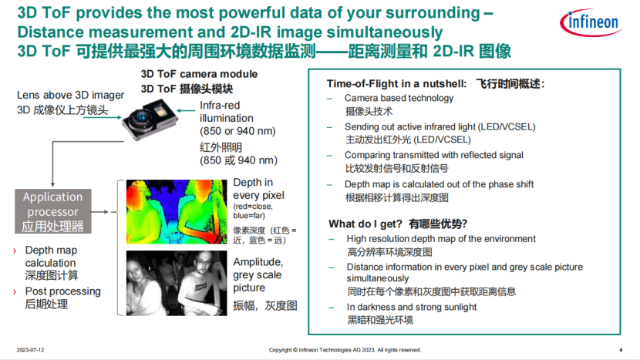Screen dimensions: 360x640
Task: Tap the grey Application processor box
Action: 52,212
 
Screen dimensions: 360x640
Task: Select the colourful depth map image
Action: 176,211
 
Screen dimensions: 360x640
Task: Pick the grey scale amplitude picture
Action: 176,281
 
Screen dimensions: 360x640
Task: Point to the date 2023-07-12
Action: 31,349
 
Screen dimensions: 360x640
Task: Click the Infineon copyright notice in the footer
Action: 345,349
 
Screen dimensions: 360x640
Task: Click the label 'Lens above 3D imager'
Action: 70,95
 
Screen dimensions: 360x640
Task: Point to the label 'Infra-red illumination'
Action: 226,112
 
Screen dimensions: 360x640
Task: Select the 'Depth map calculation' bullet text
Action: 51,256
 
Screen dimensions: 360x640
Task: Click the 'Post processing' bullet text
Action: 62,291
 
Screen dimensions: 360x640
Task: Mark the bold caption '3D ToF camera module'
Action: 198,74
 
